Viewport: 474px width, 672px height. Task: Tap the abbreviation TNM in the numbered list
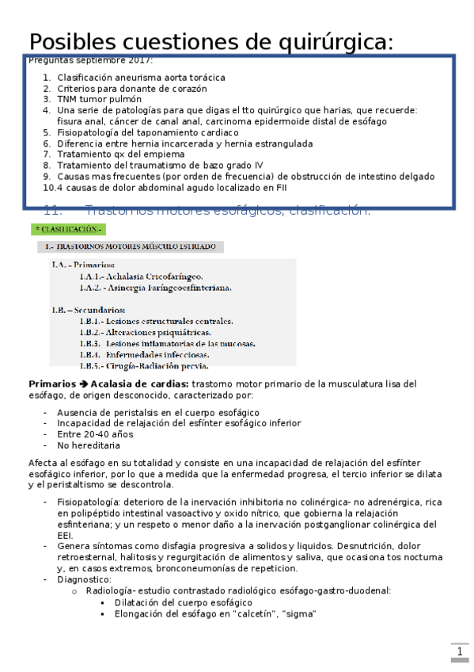tap(67, 100)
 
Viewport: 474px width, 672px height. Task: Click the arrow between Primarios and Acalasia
tap(82, 384)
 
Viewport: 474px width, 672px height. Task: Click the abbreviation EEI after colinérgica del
tap(65, 536)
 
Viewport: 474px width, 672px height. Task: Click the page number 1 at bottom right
tap(459, 652)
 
